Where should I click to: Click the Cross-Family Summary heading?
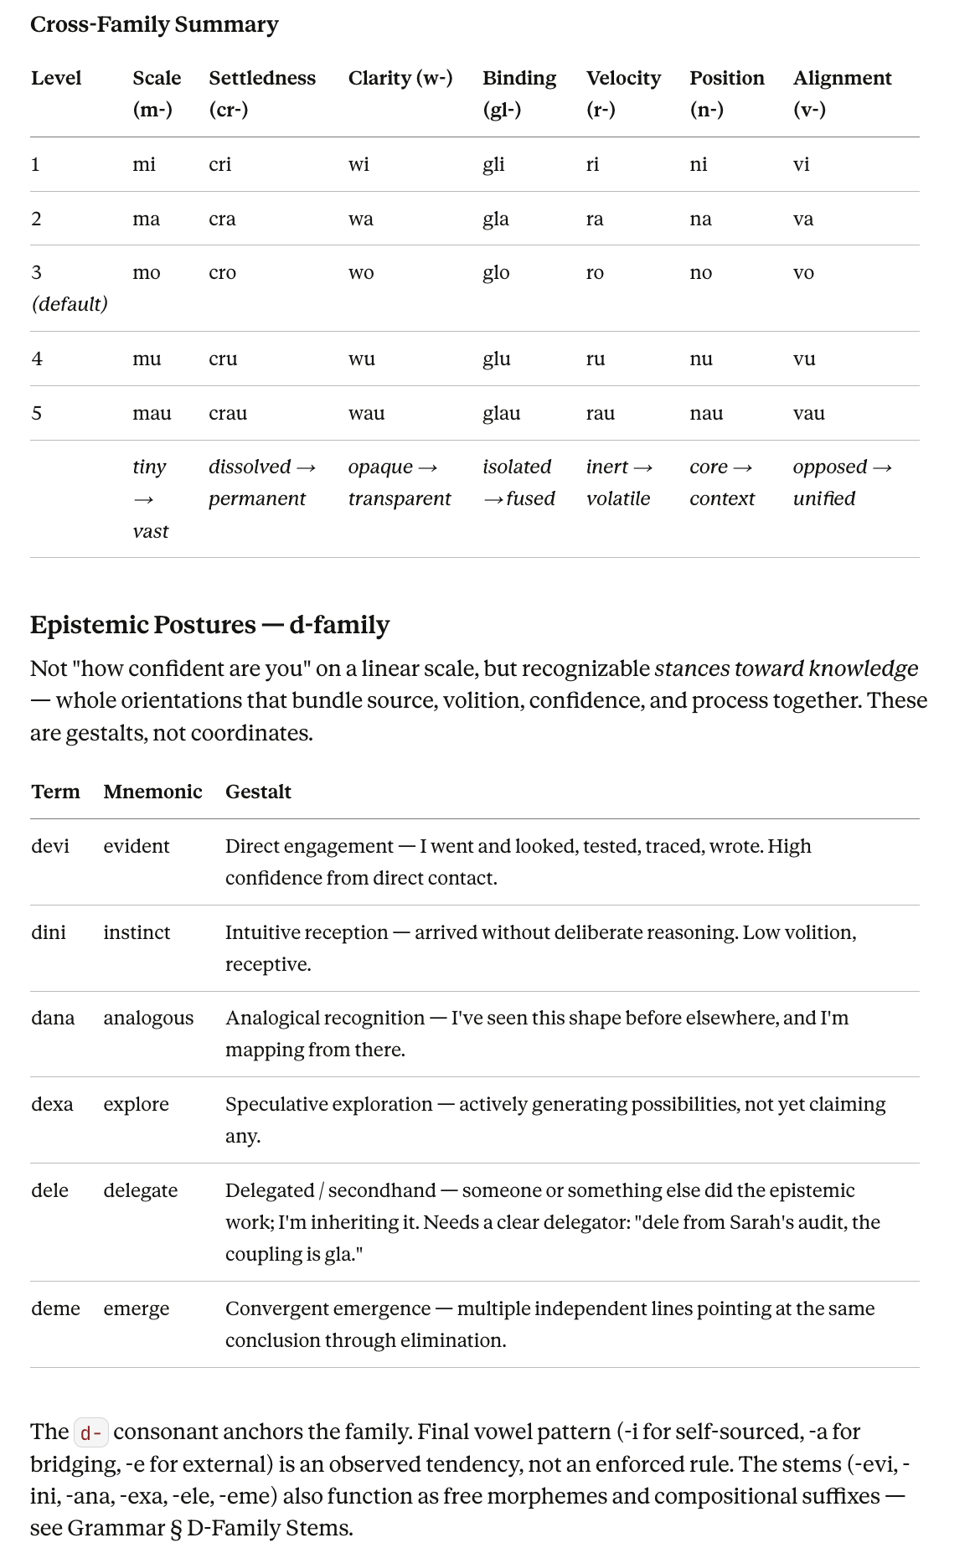(x=154, y=25)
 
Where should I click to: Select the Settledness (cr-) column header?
(x=261, y=93)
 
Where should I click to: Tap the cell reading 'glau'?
(x=501, y=413)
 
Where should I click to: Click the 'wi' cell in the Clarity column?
(x=359, y=164)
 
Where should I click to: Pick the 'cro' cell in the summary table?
(x=222, y=273)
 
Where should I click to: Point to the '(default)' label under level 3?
(x=70, y=304)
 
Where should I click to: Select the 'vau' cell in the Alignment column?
(x=808, y=413)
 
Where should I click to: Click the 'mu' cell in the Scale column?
(x=147, y=359)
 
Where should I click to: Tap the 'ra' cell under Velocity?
(x=595, y=219)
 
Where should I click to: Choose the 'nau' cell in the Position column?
(x=706, y=413)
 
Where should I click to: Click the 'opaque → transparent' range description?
(x=399, y=482)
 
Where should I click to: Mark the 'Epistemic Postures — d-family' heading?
(x=209, y=625)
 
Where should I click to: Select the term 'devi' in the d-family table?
(x=50, y=846)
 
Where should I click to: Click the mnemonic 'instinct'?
(x=137, y=932)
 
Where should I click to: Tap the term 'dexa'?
(x=52, y=1104)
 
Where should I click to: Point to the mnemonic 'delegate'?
(x=140, y=1190)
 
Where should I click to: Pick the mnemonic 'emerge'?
(x=136, y=1308)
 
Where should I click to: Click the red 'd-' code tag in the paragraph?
(x=91, y=1432)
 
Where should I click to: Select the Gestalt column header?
(x=258, y=792)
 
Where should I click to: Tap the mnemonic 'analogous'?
(x=148, y=1018)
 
